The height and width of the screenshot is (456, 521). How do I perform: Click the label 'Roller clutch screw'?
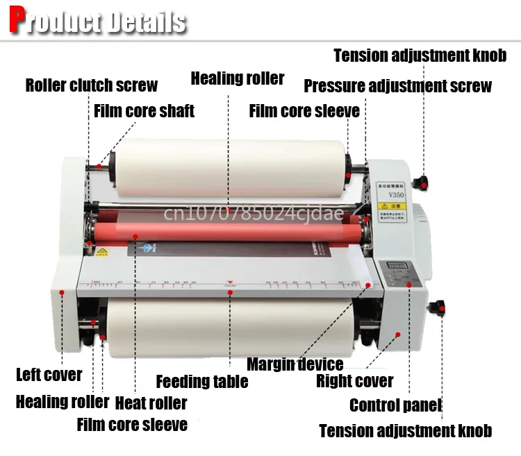point(91,85)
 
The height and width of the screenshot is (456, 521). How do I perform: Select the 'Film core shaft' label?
point(144,110)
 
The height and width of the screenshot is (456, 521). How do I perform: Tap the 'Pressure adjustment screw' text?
point(397,86)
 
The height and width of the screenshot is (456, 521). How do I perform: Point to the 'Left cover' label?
point(49,375)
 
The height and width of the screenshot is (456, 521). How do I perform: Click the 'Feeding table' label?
point(201,381)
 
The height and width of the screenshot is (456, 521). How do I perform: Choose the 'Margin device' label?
point(295,364)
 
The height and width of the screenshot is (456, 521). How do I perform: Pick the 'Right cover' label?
point(354,380)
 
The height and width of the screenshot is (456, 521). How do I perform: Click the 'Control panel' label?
point(395,405)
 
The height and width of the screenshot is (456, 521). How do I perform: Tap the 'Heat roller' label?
point(151,403)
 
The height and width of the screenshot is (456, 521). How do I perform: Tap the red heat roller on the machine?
point(229,230)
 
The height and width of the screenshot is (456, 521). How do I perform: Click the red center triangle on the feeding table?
point(230,285)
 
